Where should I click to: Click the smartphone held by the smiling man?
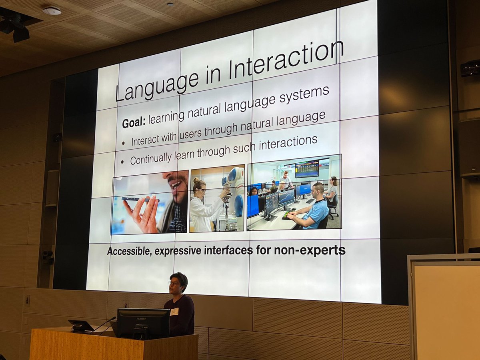tap(140, 199)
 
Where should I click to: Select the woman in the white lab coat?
tap(204, 206)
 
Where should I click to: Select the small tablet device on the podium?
tap(81, 326)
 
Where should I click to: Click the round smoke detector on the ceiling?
tap(52, 11)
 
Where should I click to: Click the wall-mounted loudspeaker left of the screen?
tap(52, 188)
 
